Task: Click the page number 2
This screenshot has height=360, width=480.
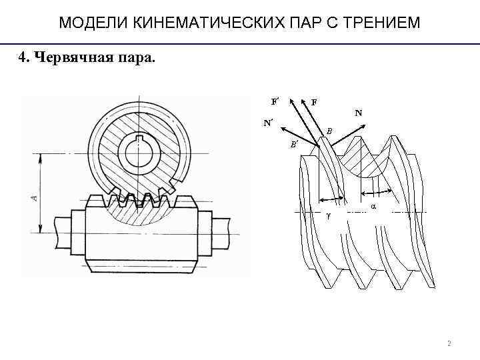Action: point(449,344)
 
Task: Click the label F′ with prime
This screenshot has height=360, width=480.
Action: point(275,101)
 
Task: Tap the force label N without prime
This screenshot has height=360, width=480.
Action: point(359,113)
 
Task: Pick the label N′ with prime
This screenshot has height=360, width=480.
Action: point(269,123)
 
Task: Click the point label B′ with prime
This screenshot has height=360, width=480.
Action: point(294,143)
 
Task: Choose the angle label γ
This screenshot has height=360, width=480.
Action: point(328,217)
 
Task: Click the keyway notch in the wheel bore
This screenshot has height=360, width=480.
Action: point(141,139)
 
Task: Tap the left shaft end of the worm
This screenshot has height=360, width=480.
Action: point(63,230)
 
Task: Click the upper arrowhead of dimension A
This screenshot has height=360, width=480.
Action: point(41,158)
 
